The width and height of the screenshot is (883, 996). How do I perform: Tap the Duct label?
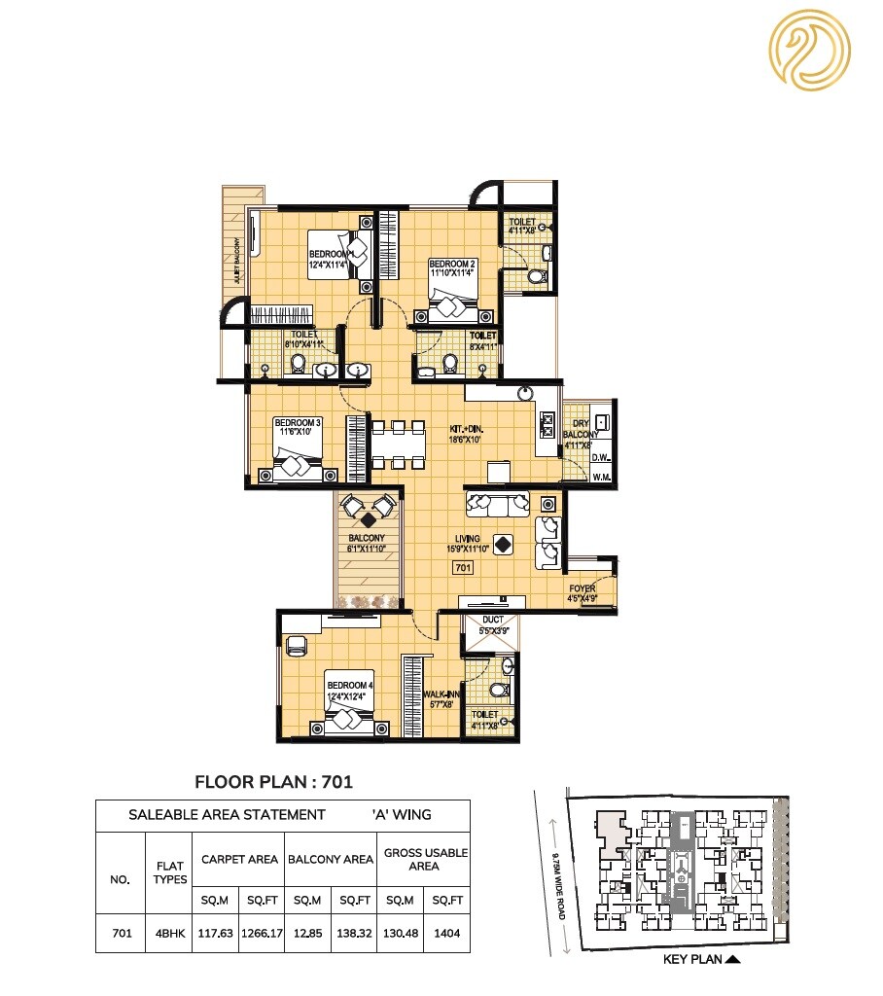tap(492, 623)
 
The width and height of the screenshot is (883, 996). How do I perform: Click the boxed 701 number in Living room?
tap(463, 567)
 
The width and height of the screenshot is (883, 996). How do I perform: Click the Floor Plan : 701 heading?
tap(273, 780)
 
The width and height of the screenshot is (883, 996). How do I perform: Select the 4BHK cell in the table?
tap(170, 933)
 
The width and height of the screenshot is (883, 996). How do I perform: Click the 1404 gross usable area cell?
tap(446, 933)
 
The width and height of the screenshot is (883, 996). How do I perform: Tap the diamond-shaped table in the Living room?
tap(503, 545)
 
